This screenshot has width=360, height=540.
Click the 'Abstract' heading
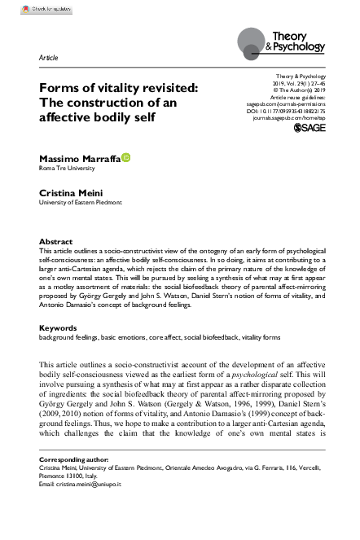57,242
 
